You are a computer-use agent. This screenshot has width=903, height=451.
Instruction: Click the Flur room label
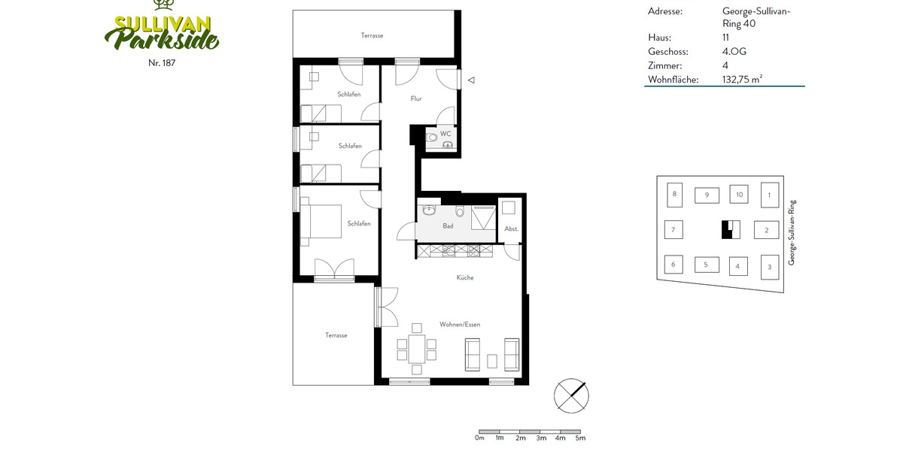[416, 98]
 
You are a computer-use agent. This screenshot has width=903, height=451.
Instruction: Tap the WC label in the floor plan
[445, 134]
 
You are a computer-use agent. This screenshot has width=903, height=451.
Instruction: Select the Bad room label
[448, 225]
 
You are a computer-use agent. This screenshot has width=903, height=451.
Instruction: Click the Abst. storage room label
[512, 229]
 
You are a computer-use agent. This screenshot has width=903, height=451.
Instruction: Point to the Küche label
[465, 278]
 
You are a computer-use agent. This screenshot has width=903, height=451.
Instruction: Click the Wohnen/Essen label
[460, 325]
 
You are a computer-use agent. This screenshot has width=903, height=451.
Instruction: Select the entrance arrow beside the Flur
[471, 80]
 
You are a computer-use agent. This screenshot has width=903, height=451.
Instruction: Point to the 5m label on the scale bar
[580, 437]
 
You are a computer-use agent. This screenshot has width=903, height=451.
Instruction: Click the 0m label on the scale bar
[479, 437]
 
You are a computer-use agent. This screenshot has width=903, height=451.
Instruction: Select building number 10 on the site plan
[739, 195]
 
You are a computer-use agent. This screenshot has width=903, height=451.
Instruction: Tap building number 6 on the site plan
[673, 265]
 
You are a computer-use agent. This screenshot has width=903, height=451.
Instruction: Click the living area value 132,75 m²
[742, 80]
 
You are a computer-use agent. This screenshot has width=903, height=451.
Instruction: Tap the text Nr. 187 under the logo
[162, 62]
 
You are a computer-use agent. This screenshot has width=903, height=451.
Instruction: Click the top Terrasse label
[372, 35]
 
